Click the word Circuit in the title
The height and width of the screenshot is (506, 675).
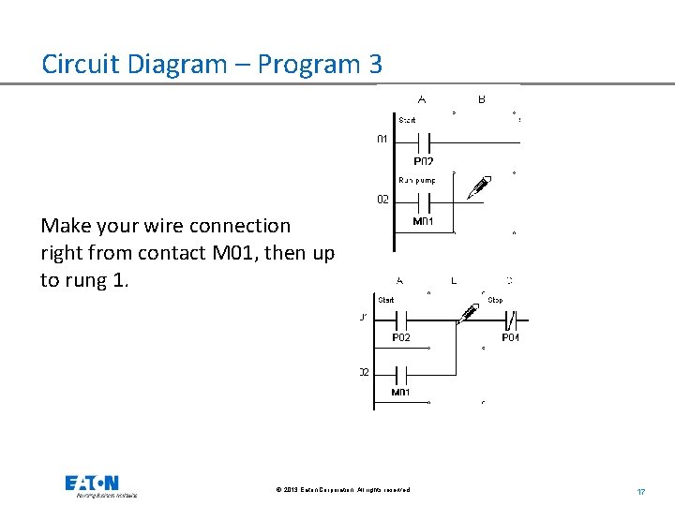coord(87,65)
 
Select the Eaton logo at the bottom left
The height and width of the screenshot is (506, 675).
coord(92,484)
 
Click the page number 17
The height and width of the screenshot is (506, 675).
coord(641,491)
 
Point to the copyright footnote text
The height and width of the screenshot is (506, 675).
coord(342,490)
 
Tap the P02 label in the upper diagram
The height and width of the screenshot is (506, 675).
coord(423,160)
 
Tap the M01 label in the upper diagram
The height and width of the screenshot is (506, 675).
coord(423,222)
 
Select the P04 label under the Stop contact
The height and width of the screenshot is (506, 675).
coord(510,337)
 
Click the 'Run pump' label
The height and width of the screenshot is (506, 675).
coord(416,179)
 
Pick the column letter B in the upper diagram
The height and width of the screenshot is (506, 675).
coord(482,99)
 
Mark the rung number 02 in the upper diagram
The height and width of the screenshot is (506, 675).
coord(382,199)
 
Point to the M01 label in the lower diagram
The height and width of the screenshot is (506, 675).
coord(400,393)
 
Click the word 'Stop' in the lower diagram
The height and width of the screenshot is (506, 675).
coord(495,300)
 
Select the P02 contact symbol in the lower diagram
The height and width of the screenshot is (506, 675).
coord(400,319)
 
